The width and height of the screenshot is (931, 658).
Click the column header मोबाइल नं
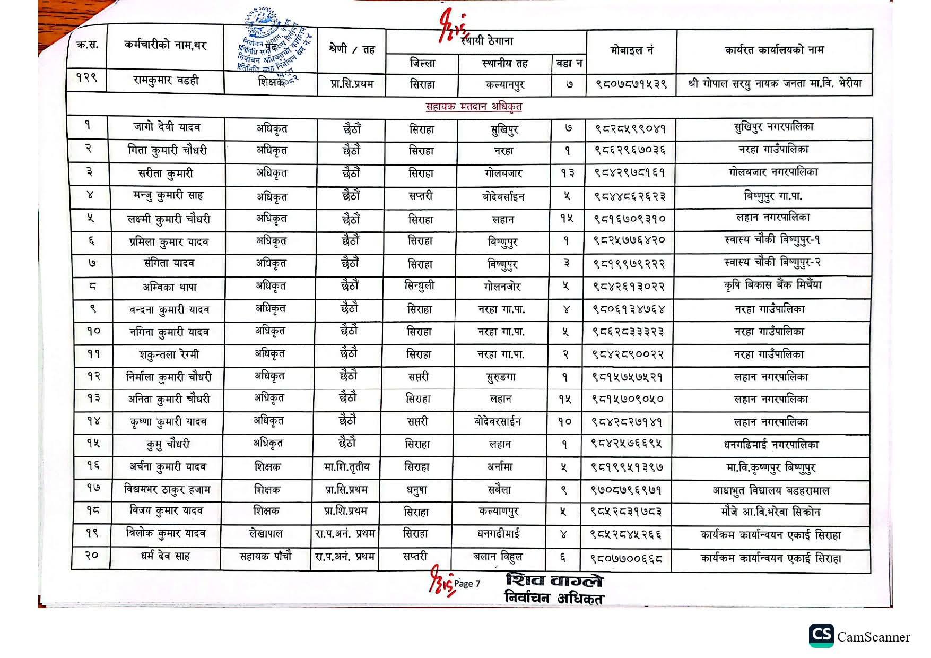pyautogui.click(x=631, y=50)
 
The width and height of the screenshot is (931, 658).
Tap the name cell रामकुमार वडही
pyautogui.click(x=166, y=81)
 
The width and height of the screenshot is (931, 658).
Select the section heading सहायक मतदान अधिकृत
pyautogui.click(x=474, y=107)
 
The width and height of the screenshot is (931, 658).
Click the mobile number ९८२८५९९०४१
pyautogui.click(x=630, y=128)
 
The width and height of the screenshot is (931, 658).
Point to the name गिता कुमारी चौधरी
pyautogui.click(x=167, y=151)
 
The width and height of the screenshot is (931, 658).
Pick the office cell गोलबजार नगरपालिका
pyautogui.click(x=773, y=172)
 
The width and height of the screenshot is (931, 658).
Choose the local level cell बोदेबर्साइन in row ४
pyautogui.click(x=503, y=197)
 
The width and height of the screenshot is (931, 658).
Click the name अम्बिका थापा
pyautogui.click(x=169, y=287)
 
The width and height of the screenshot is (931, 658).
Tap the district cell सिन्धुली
pyautogui.click(x=419, y=286)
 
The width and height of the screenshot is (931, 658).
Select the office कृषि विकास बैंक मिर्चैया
pyautogui.click(x=772, y=285)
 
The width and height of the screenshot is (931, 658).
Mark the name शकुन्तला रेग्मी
pyautogui.click(x=169, y=354)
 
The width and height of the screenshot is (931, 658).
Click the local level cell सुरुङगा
pyautogui.click(x=501, y=377)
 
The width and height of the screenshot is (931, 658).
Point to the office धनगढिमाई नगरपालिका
pyautogui.click(x=771, y=444)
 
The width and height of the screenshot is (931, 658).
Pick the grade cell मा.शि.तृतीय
pyautogui.click(x=346, y=467)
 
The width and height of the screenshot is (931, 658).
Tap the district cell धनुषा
pyautogui.click(x=416, y=490)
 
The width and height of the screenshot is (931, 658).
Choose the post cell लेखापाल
pyautogui.click(x=266, y=534)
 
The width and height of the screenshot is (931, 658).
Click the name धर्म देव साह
pyautogui.click(x=165, y=556)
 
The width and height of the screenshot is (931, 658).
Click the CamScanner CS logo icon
pyautogui.click(x=821, y=636)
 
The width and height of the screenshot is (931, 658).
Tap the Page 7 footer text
pyautogui.click(x=467, y=584)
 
